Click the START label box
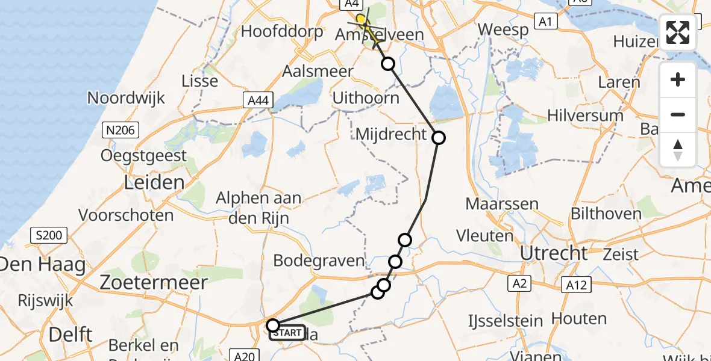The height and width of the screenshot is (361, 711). pyautogui.click(x=287, y=333)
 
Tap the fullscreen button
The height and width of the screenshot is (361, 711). pyautogui.click(x=678, y=32)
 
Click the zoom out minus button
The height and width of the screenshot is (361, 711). pyautogui.click(x=678, y=114)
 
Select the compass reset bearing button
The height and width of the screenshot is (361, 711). pyautogui.click(x=678, y=149)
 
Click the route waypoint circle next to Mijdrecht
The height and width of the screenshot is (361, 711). pyautogui.click(x=439, y=138)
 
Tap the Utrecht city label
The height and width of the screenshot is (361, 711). pyautogui.click(x=553, y=253)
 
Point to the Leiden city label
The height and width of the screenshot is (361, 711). pyautogui.click(x=154, y=182)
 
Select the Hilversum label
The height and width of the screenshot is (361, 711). pyautogui.click(x=585, y=115)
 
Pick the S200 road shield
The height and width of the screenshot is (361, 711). pyautogui.click(x=49, y=235)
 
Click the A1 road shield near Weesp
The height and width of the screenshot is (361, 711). pyautogui.click(x=546, y=22)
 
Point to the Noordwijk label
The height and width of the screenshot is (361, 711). pyautogui.click(x=126, y=97)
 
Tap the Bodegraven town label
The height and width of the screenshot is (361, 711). pyautogui.click(x=319, y=261)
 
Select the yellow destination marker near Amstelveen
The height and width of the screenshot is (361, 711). pyautogui.click(x=361, y=20)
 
